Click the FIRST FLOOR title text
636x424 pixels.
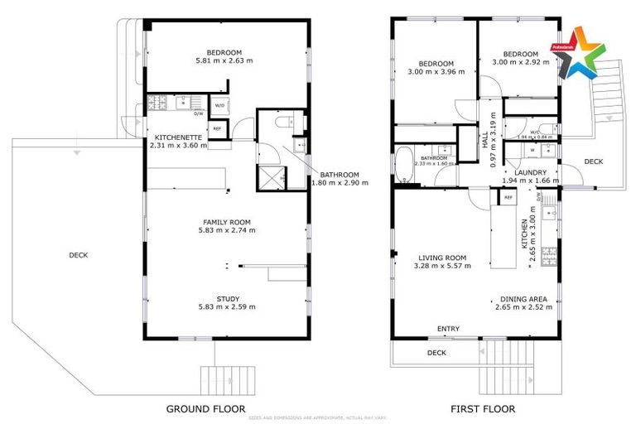(x=483, y=408)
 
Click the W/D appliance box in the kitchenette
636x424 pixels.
(x=219, y=106)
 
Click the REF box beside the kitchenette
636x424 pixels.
(x=217, y=129)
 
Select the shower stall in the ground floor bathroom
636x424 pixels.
(x=271, y=176)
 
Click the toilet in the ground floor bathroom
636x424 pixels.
(x=282, y=123)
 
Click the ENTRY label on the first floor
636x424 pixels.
(x=448, y=330)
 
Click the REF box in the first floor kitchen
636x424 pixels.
(x=508, y=198)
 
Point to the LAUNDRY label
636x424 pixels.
(x=530, y=171)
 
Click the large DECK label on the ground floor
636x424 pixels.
(x=78, y=255)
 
